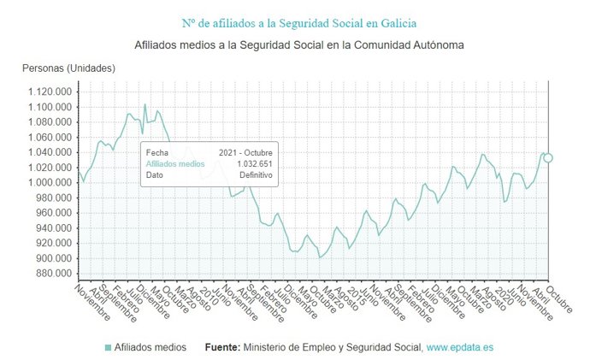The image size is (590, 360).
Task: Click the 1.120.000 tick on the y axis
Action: [49, 91]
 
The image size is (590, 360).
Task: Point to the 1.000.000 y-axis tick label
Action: [49, 183]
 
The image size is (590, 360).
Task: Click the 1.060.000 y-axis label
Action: [49, 137]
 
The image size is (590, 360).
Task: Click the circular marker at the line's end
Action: [548, 157]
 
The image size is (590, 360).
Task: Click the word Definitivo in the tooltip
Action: [256, 174]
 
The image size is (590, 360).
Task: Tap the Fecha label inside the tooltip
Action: [158, 152]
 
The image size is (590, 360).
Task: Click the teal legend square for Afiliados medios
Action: [108, 348]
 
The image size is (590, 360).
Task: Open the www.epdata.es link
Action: [459, 348]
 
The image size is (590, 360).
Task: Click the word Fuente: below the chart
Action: [223, 348]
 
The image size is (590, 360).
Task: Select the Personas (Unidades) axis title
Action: [68, 68]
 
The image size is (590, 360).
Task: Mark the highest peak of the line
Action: [145, 104]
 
